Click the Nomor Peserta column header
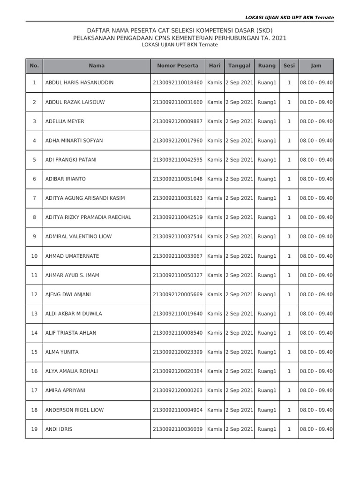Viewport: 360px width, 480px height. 178,66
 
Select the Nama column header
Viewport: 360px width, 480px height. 97,66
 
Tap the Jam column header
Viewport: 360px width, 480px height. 316,66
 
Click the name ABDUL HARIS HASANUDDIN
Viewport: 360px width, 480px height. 79,83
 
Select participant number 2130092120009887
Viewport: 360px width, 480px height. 178,121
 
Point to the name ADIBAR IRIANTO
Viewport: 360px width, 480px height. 66,179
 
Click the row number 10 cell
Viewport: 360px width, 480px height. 34,256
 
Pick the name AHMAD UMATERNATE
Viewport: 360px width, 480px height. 72,256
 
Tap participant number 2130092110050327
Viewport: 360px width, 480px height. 178,276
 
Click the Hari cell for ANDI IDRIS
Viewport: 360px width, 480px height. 215,429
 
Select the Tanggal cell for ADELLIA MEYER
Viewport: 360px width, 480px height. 239,121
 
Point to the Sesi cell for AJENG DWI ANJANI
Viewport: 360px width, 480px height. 289,295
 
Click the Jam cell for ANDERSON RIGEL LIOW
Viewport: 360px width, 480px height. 316,410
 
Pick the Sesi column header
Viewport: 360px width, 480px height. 289,66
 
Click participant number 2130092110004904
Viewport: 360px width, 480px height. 178,410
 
